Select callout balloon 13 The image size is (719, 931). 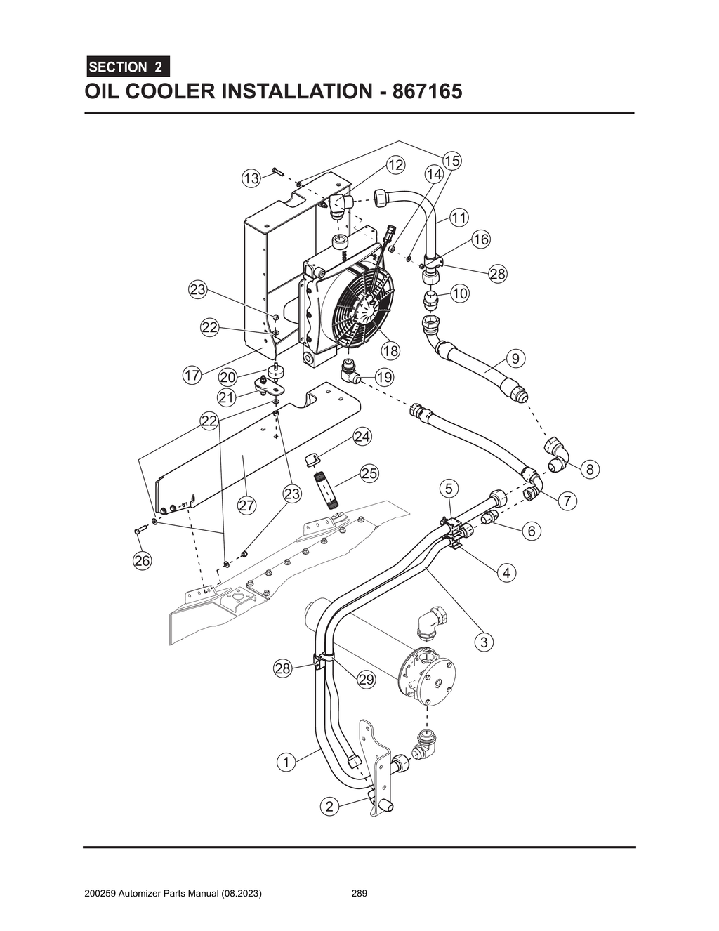click(x=251, y=178)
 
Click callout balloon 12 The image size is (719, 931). click(x=395, y=165)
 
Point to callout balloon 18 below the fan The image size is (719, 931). click(x=390, y=350)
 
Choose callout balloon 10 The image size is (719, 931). click(x=459, y=293)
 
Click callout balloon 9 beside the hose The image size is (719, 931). click(x=515, y=359)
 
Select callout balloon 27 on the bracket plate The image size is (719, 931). click(x=246, y=505)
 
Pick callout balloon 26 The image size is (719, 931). click(x=143, y=560)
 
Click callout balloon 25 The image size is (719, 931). click(x=369, y=473)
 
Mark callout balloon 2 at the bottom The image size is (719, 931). click(x=329, y=806)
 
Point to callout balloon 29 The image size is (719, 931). click(x=366, y=679)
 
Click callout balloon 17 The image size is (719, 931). click(x=192, y=375)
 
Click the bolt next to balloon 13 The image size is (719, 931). click(x=275, y=171)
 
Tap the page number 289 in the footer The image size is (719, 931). click(x=359, y=894)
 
